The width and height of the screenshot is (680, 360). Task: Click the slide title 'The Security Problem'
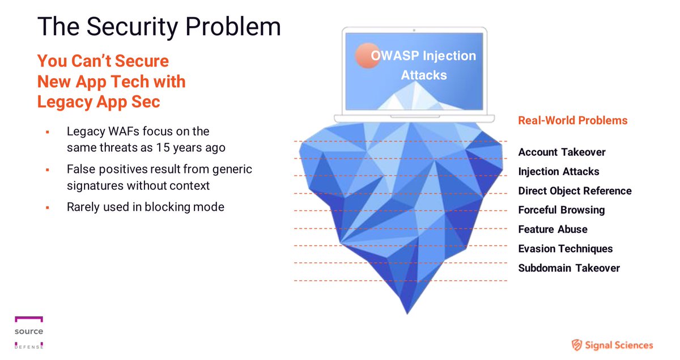[x=159, y=27]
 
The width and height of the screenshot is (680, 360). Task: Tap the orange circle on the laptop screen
[x=367, y=56]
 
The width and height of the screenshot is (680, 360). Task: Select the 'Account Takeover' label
[x=562, y=152]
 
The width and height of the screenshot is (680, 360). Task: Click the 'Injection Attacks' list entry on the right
[x=558, y=171]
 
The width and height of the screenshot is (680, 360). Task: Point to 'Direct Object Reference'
[x=575, y=190]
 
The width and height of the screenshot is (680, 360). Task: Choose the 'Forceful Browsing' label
[x=561, y=210]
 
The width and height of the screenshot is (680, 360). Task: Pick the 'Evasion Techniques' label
[x=565, y=248]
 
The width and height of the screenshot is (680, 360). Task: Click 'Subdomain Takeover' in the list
[x=569, y=268]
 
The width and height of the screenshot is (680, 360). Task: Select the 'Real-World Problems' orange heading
[x=572, y=120]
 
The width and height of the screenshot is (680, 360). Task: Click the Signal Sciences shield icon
[x=577, y=345]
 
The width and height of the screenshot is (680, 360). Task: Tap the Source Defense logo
[x=29, y=332]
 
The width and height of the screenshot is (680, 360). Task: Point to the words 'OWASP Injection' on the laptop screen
[x=423, y=56]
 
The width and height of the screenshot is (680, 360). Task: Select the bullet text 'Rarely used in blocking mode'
[x=145, y=207]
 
